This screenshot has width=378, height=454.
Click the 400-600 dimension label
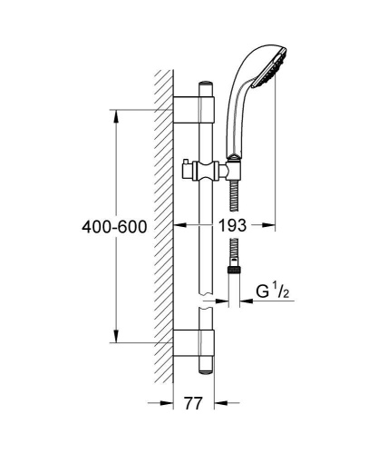pos(114,227)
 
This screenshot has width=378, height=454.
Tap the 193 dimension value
pos(232,225)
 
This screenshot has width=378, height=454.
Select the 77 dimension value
pos(193,403)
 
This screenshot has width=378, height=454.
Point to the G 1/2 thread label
pos(273,291)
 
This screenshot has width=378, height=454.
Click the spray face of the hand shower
pos(270,69)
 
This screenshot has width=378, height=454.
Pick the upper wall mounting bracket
pos(194,110)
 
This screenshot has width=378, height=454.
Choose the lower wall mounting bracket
pos(194,343)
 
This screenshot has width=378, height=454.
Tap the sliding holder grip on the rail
pos(207,171)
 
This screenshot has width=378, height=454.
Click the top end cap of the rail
pos(206,84)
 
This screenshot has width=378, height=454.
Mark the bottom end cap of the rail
pos(206,372)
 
